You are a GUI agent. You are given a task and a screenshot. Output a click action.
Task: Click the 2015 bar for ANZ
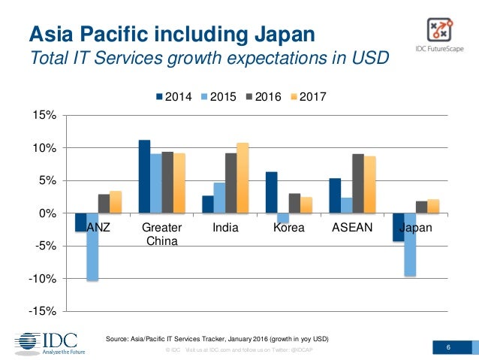click(92, 247)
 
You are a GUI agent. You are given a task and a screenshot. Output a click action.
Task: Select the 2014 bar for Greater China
click(145, 177)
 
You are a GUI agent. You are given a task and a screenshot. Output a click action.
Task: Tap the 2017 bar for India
click(242, 178)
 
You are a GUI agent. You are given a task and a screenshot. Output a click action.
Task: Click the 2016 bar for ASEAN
click(358, 184)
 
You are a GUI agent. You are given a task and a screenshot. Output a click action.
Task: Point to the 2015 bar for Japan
click(410, 245)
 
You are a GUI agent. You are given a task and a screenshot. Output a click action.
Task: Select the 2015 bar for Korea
click(283, 218)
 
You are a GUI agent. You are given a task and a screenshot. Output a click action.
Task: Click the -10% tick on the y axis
click(43, 279)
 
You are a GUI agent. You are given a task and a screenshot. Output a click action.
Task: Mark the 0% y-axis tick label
click(48, 213)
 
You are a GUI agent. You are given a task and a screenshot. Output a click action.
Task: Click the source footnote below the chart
click(216, 338)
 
